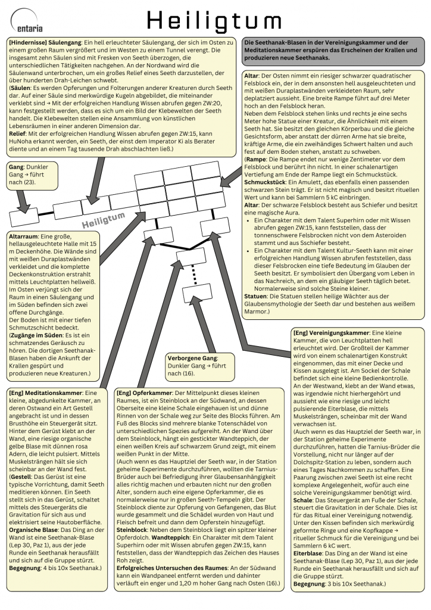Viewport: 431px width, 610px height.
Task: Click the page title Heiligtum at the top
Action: tap(214, 21)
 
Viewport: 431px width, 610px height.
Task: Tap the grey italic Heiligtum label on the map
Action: tap(104, 219)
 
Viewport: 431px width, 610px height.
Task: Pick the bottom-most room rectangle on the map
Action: tap(198, 293)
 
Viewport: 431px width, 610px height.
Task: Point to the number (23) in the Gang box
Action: tap(30, 182)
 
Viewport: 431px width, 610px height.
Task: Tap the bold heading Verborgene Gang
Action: tap(192, 358)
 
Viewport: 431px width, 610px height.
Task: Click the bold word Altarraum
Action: tap(23, 236)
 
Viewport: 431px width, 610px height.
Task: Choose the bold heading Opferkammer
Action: tap(152, 393)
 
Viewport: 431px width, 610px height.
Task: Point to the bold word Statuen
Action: tap(255, 297)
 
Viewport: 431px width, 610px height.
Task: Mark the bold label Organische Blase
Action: tap(34, 530)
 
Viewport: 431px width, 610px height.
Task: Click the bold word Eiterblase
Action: tap(307, 553)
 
